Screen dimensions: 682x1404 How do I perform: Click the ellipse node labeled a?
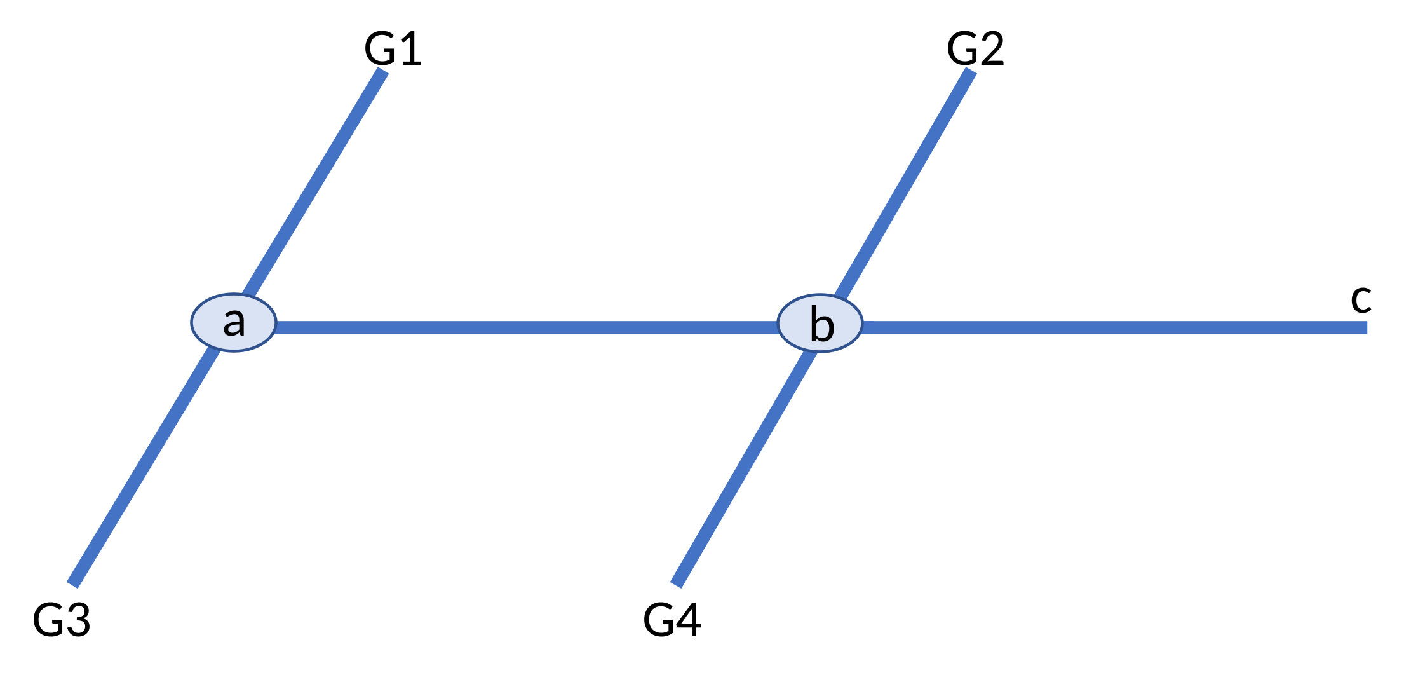click(x=234, y=322)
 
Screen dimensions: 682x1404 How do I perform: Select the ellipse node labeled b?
click(x=820, y=323)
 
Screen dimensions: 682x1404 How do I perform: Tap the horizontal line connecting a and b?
click(x=527, y=327)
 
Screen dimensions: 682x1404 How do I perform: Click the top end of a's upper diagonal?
click(x=382, y=71)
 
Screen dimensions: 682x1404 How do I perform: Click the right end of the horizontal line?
click(x=1366, y=327)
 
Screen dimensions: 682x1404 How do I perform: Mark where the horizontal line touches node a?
click(x=276, y=327)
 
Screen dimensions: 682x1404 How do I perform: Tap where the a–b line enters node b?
click(x=778, y=327)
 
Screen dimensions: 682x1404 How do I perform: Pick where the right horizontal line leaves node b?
click(x=862, y=327)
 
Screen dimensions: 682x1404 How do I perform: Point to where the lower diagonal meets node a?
click(x=215, y=349)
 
